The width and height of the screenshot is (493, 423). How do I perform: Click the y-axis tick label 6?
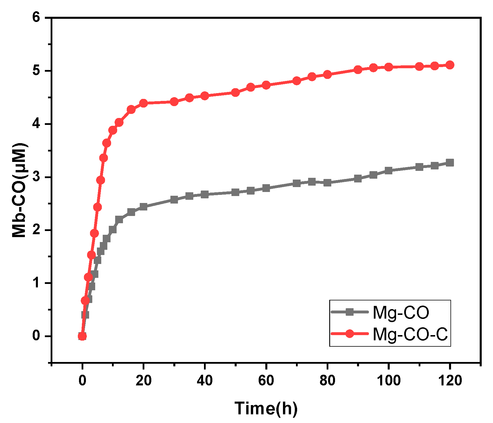(36, 17)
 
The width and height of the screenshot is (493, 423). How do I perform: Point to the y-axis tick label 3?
(36, 177)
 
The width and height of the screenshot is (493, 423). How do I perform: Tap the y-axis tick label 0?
(36, 336)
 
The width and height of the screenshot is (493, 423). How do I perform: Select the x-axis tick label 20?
(144, 380)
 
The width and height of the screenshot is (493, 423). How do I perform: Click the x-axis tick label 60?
(266, 380)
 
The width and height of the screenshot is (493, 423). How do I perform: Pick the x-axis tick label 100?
(389, 380)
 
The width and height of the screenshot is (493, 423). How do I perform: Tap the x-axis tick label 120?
(450, 380)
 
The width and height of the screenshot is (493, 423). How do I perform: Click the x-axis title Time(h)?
(266, 408)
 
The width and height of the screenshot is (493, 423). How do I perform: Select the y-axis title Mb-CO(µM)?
(19, 190)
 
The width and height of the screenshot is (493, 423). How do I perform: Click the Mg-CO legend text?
(401, 313)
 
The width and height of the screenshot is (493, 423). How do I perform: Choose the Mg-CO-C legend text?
(410, 334)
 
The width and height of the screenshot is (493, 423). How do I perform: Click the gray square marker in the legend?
(350, 312)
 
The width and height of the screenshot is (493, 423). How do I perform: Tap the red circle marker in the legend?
(350, 334)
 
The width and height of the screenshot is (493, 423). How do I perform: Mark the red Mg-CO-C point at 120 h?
(450, 65)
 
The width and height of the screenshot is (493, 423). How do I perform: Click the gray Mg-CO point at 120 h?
(450, 162)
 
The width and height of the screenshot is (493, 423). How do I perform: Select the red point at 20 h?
(144, 103)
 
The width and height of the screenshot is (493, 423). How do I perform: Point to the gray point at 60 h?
(266, 188)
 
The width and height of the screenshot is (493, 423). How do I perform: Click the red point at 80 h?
(327, 75)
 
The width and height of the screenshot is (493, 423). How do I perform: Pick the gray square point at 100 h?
(389, 171)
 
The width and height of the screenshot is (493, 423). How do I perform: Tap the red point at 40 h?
(205, 96)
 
